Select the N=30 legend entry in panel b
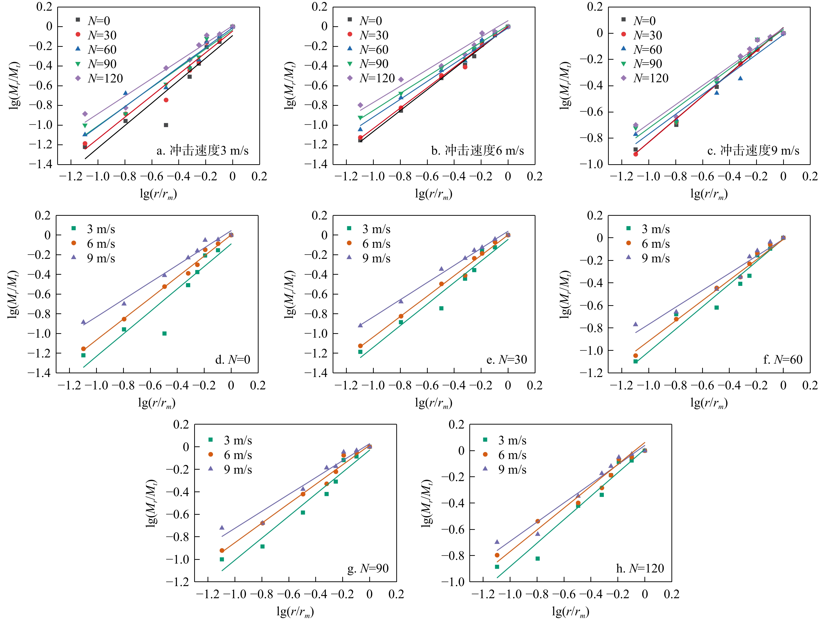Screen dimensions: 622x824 pos(369,35)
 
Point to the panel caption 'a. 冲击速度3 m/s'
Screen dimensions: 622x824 pos(202,151)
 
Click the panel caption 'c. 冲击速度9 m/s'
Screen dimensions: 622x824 pos(753,151)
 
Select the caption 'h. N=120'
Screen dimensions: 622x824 pos(640,568)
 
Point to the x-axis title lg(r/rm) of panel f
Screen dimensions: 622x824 pos(709,403)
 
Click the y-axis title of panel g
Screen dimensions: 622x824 pos(151,503)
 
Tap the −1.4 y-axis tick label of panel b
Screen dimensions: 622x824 pos(316,164)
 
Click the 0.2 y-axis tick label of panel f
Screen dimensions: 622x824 pos(595,216)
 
